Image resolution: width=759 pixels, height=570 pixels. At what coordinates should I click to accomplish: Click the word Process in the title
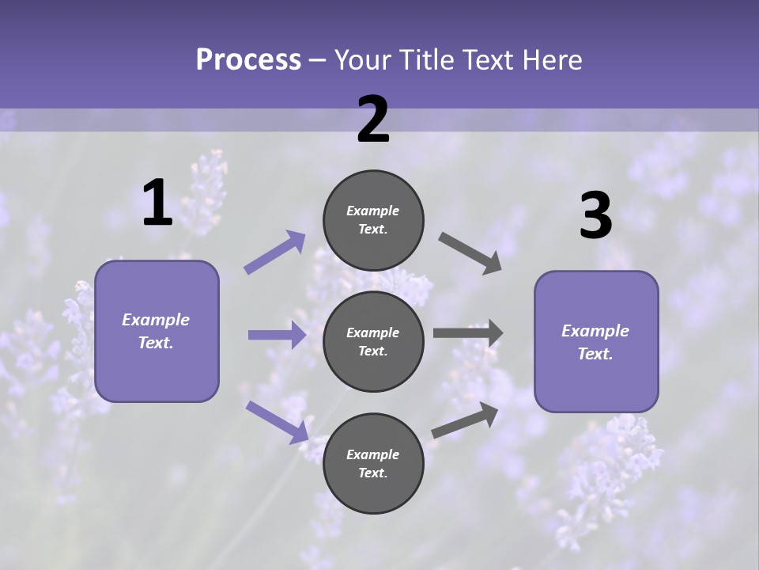click(x=248, y=60)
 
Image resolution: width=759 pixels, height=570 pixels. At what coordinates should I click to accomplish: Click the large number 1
click(x=157, y=203)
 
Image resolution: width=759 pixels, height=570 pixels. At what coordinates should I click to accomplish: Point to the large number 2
click(x=373, y=120)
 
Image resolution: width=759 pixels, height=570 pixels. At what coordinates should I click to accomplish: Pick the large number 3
click(x=595, y=217)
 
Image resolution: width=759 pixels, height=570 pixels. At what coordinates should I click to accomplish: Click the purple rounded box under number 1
click(x=157, y=331)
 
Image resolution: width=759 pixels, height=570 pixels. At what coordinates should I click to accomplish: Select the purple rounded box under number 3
click(x=596, y=342)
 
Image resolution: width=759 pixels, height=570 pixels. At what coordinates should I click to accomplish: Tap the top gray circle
click(x=373, y=220)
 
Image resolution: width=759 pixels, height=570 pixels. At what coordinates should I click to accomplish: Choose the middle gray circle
click(x=373, y=341)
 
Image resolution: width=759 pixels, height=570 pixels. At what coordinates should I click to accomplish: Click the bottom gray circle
click(x=373, y=463)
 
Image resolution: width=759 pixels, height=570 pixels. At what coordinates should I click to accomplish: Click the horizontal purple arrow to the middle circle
click(x=277, y=335)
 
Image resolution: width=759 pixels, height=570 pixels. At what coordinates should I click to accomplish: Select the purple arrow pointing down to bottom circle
click(x=277, y=422)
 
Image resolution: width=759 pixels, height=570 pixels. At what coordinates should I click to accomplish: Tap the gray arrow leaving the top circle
click(x=470, y=253)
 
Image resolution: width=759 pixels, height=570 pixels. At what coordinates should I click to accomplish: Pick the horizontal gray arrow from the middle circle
click(x=468, y=333)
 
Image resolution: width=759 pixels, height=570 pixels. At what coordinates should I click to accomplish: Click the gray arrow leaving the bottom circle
click(x=465, y=420)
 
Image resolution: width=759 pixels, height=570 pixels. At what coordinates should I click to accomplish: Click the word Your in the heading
click(x=363, y=60)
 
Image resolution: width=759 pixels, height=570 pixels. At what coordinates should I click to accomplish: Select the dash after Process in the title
click(x=318, y=60)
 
